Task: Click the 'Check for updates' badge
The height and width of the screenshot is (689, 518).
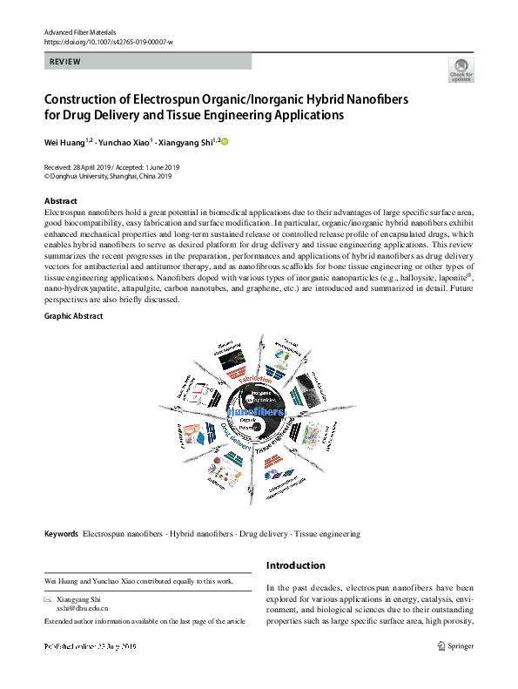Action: [x=460, y=70]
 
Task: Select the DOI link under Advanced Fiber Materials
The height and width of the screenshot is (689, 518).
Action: [x=108, y=42]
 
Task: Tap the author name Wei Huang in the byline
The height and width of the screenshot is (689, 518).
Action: [x=64, y=141]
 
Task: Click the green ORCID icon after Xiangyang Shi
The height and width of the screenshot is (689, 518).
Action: [x=224, y=141]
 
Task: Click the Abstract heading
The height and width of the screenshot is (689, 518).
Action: [x=60, y=201]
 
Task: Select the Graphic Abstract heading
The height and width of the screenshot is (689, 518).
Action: [x=73, y=315]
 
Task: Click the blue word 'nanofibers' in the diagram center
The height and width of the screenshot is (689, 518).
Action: [x=254, y=412]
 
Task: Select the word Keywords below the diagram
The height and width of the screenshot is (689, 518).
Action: [x=61, y=533]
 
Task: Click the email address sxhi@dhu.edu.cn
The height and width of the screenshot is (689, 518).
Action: [x=84, y=611]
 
